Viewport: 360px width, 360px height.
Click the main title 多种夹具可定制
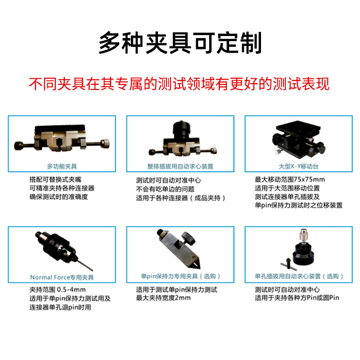click(x=180, y=43)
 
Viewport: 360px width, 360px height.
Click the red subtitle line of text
click(x=179, y=84)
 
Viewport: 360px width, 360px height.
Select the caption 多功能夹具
click(x=62, y=166)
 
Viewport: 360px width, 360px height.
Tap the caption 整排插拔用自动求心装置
click(x=180, y=166)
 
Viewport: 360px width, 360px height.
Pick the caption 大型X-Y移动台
click(x=298, y=166)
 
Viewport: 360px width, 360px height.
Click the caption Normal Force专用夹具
click(x=62, y=277)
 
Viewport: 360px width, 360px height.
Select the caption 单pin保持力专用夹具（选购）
click(x=180, y=276)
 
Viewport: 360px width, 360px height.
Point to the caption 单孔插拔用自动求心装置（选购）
click(x=299, y=276)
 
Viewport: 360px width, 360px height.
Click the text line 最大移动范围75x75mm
click(x=290, y=179)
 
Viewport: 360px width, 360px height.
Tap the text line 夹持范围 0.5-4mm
click(x=58, y=289)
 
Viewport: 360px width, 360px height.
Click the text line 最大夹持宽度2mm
click(x=163, y=298)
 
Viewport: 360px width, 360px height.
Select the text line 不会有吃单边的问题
click(x=165, y=189)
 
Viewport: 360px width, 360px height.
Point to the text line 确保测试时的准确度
click(x=58, y=197)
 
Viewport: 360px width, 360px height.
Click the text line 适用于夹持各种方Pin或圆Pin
click(x=297, y=298)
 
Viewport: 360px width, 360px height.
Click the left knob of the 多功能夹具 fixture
click(x=19, y=145)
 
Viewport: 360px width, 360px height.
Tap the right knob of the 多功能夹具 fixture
click(x=105, y=144)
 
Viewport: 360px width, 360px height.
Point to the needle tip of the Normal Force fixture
click(x=92, y=270)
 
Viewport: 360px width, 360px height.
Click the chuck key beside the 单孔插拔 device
click(x=288, y=264)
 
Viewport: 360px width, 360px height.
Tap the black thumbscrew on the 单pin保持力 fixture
click(x=188, y=238)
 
